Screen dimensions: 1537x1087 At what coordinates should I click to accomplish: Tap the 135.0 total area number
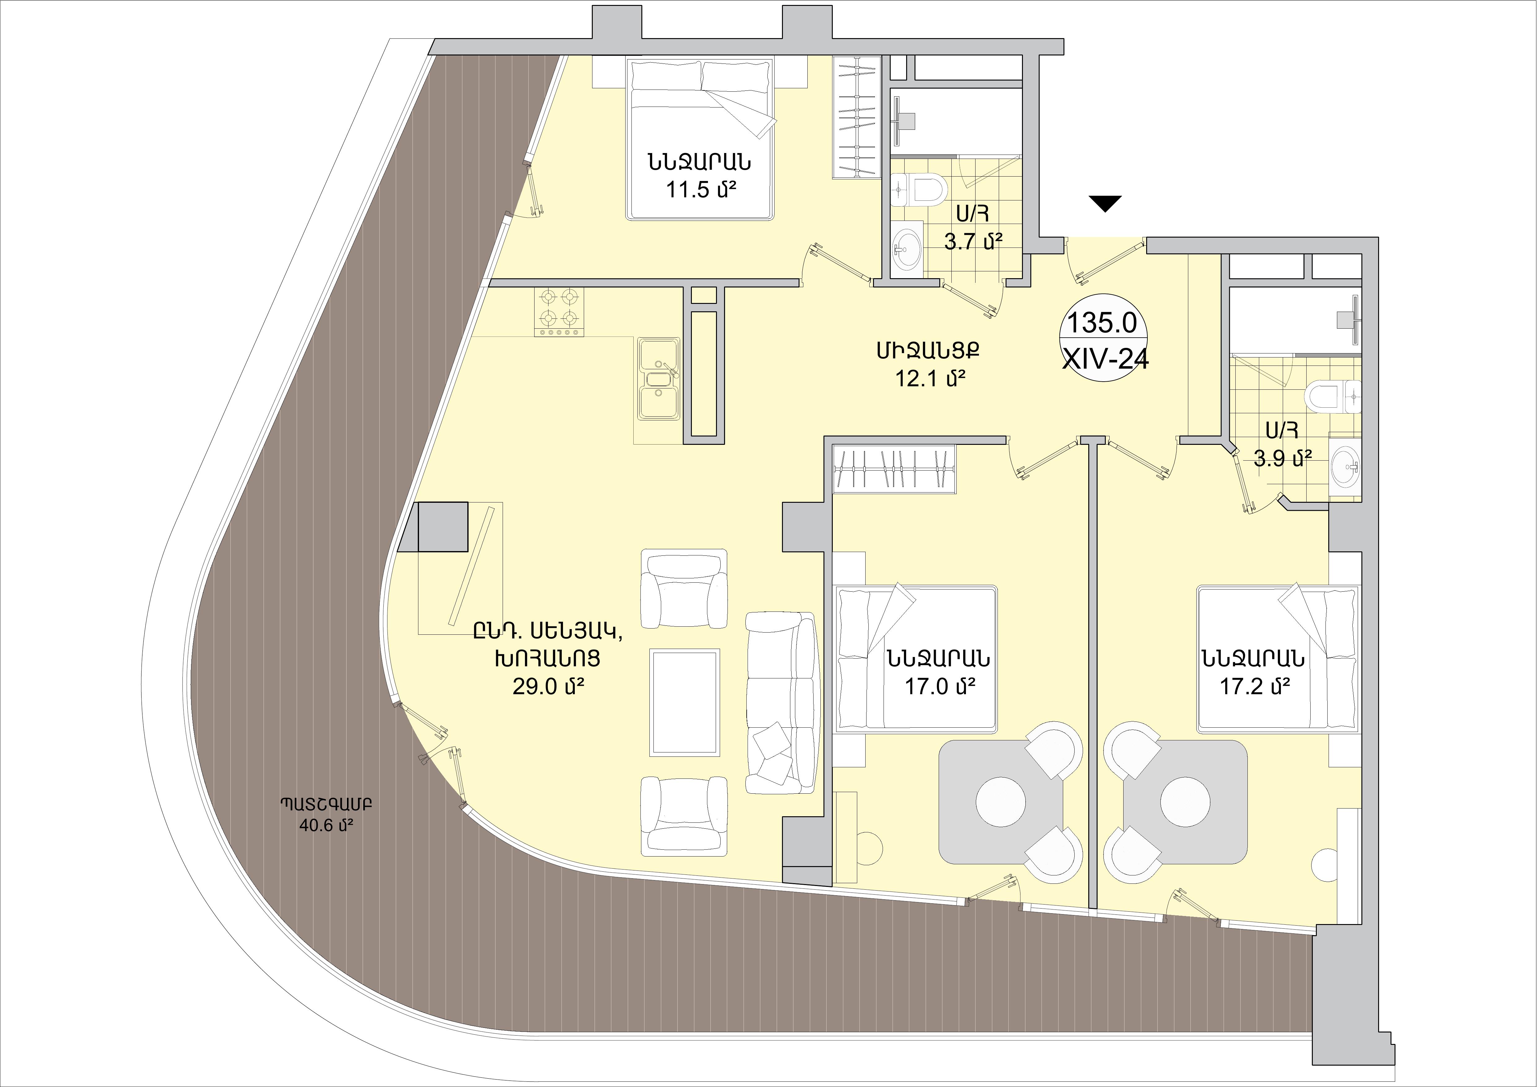(x=1101, y=323)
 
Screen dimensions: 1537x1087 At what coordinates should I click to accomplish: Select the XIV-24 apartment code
(x=1105, y=360)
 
